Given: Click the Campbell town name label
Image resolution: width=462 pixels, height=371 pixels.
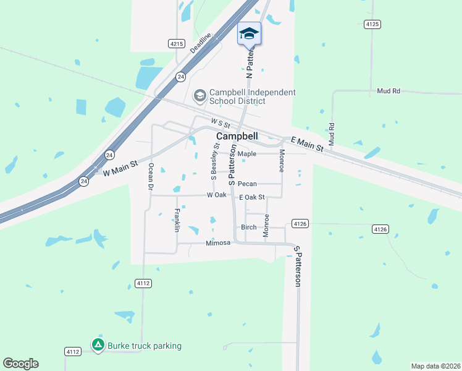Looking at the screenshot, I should coord(237,136).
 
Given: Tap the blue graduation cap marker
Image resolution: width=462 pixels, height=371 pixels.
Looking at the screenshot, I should coord(249,33).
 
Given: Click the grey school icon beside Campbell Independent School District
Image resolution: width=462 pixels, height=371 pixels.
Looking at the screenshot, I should coord(199,96).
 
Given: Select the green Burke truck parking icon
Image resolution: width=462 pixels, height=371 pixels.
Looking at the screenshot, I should coord(98,345).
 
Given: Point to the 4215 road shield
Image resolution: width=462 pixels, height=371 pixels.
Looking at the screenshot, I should coord(177,43).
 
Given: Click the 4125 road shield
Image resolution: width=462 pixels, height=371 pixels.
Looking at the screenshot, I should coord(372,24).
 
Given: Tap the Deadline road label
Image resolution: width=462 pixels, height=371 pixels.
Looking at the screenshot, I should coord(201,43).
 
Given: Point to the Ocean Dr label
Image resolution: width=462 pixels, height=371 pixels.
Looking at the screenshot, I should coord(150,176).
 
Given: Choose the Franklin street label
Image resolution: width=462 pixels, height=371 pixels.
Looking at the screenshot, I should coord(177,220).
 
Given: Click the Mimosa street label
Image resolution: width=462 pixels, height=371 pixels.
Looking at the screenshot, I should coord(218,243).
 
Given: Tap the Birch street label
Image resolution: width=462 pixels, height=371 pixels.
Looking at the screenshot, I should coord(248,227).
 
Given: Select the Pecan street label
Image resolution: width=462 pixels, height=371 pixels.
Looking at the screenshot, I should coord(247,184).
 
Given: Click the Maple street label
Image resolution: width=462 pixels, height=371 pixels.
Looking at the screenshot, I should coord(246,154).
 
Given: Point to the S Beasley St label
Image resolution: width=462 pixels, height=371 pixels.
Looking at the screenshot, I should coord(214,161).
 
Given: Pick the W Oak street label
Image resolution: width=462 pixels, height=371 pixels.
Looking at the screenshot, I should coord(217,195).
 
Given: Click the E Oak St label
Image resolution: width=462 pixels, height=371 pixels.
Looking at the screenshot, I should coord(251,197).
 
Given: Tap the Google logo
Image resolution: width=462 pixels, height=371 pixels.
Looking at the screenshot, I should coord(20,364).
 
